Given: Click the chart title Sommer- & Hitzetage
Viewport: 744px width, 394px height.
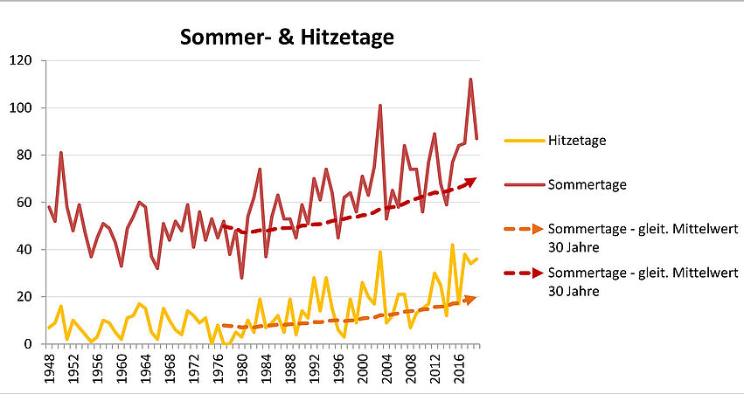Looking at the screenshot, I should (287, 38).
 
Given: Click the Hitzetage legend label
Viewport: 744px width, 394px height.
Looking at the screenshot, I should (578, 139).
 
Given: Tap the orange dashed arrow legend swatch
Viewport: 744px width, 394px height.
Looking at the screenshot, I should (523, 229).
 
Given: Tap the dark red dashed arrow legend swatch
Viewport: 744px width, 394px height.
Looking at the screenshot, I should (523, 273).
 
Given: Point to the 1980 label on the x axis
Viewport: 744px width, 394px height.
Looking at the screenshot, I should (240, 366).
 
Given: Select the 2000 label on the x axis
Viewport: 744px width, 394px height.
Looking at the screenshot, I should (361, 366).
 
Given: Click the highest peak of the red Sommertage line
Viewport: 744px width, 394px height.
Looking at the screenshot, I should (470, 79).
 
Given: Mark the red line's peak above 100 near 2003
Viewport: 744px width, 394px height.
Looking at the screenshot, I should (379, 106).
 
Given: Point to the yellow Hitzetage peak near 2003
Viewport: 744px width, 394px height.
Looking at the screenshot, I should (379, 252).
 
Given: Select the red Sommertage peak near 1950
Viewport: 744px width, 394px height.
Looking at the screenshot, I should (61, 153).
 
